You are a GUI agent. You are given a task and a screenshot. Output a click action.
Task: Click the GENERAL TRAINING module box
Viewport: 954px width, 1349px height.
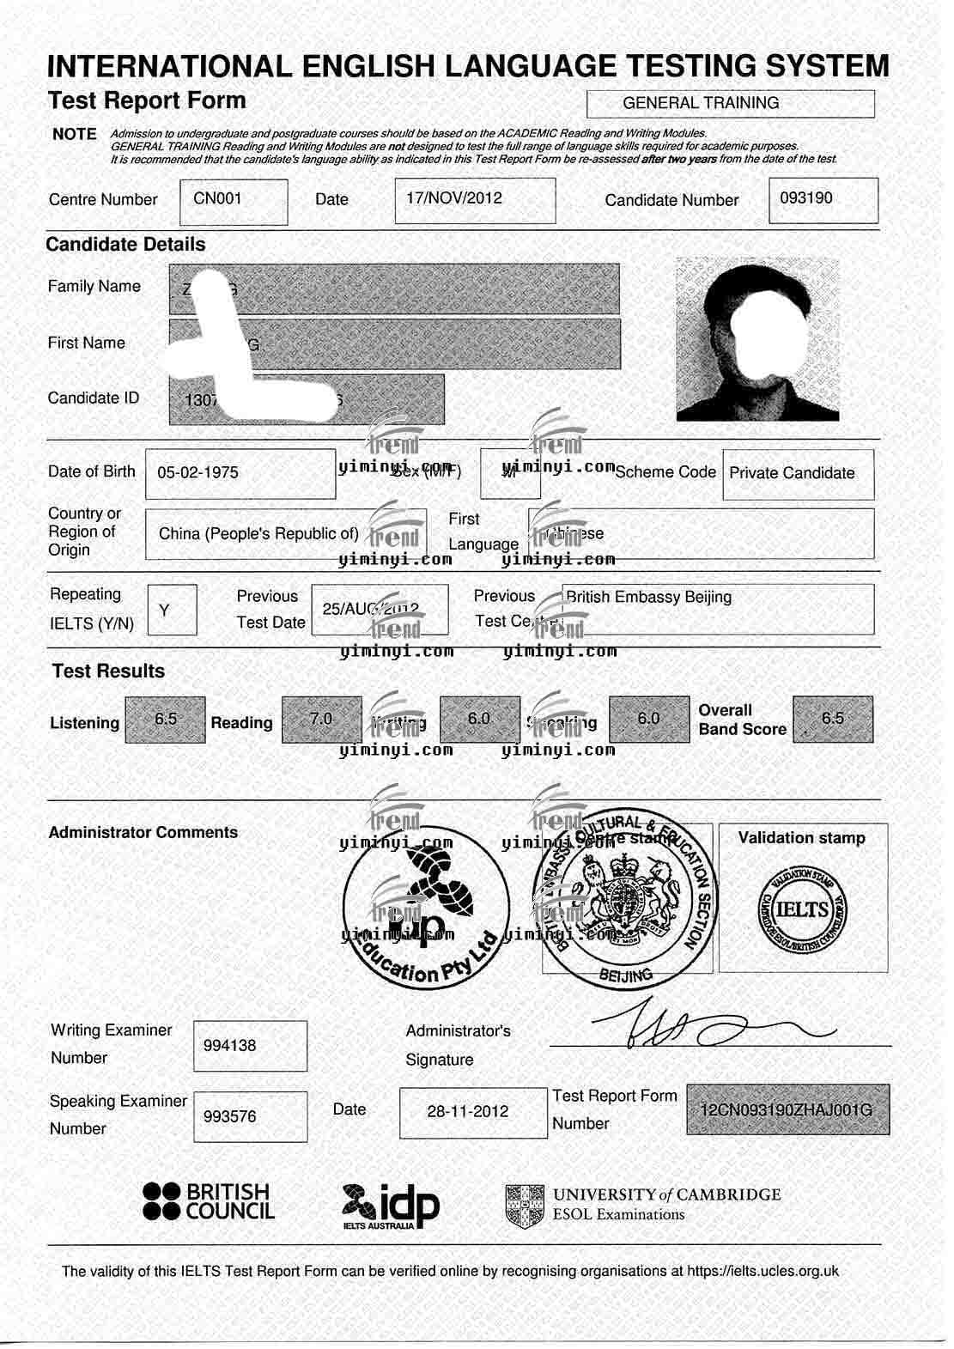point(730,103)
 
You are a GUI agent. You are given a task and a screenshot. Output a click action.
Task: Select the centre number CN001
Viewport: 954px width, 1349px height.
point(218,198)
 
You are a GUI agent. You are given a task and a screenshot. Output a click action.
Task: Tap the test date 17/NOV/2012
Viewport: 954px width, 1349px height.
point(454,197)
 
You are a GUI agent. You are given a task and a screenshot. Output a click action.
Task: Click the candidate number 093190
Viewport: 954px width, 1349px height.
point(806,197)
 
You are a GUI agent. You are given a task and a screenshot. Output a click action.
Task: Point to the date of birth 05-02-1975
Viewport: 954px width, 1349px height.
point(198,472)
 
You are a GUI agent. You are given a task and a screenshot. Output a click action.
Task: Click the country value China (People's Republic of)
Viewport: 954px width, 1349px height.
point(258,533)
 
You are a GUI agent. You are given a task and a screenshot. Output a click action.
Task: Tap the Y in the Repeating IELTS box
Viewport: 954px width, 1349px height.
point(165,610)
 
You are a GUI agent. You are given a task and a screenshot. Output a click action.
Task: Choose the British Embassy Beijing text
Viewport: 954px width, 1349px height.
point(649,597)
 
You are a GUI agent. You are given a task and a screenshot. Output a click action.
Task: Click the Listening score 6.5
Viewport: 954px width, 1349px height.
point(166,719)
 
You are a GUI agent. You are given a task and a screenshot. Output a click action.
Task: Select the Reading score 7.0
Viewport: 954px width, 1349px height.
point(321,719)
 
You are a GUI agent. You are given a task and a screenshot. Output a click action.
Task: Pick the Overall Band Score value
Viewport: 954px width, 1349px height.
point(833,718)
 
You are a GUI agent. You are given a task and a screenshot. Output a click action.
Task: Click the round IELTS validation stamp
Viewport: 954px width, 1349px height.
point(802,910)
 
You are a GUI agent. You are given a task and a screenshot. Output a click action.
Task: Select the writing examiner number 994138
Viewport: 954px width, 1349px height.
point(230,1045)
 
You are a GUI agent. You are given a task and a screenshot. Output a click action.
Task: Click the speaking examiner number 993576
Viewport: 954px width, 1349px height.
point(230,1116)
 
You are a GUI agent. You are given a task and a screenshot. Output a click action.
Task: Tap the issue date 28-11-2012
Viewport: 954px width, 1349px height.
point(468,1111)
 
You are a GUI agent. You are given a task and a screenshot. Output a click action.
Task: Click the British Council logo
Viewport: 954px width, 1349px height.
point(209,1201)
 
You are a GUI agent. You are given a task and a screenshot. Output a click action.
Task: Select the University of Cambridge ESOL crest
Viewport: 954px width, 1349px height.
point(525,1205)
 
